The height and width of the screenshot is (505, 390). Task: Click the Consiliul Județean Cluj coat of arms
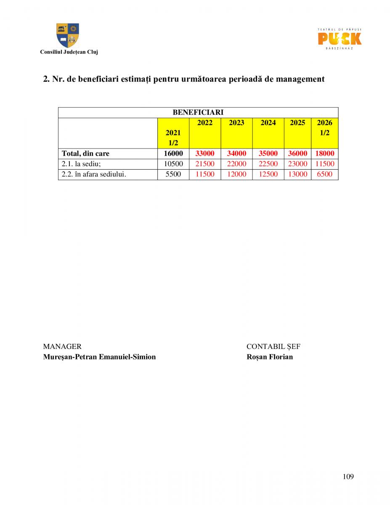(x=68, y=35)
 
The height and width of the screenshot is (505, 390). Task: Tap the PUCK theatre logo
(x=339, y=39)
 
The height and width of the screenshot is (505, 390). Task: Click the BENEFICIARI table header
(x=198, y=112)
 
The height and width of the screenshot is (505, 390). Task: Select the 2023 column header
(x=236, y=123)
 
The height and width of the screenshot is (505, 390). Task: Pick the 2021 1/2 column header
(x=173, y=138)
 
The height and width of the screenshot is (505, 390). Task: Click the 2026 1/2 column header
(x=324, y=128)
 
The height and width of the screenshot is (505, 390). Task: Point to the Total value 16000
(x=173, y=154)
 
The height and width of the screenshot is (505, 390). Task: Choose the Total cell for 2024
(x=268, y=154)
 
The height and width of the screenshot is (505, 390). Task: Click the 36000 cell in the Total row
(x=297, y=154)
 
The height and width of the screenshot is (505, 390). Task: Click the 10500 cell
(x=173, y=164)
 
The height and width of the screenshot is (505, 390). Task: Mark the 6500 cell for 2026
(x=324, y=174)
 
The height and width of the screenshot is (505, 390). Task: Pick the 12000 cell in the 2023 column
(x=236, y=174)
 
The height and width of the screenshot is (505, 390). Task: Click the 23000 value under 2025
(x=297, y=164)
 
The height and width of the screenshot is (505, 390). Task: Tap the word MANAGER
(x=62, y=347)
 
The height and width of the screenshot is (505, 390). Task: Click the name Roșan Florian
(x=269, y=357)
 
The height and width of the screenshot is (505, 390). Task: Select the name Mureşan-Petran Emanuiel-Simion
(x=99, y=357)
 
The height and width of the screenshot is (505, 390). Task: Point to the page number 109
(x=348, y=477)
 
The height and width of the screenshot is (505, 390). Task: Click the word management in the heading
(x=300, y=79)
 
